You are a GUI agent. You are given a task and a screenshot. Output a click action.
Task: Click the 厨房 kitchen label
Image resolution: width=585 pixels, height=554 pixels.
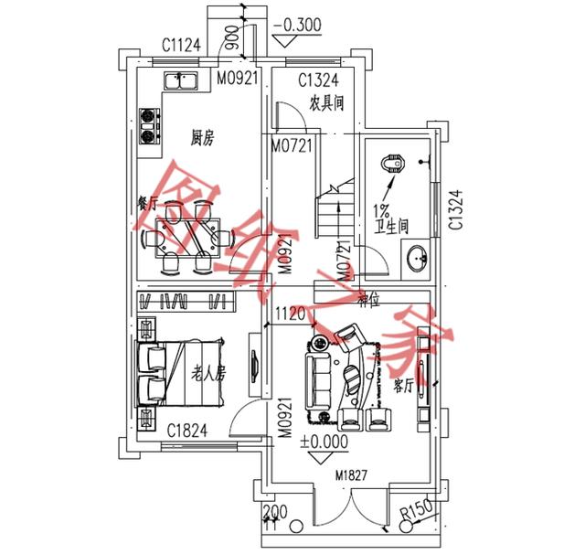[x=202, y=138]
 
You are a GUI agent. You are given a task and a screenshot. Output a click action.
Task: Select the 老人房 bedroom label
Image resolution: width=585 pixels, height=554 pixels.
[x=208, y=372]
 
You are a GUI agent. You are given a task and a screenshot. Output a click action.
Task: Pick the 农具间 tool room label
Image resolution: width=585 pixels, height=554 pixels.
[x=325, y=103]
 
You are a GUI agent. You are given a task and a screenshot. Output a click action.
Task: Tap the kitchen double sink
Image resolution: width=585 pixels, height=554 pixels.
[x=183, y=81]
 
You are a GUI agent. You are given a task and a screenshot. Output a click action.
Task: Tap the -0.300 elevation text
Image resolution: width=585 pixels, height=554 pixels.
[x=296, y=25]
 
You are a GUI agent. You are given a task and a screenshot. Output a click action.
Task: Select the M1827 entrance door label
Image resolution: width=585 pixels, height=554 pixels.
[x=352, y=474]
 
